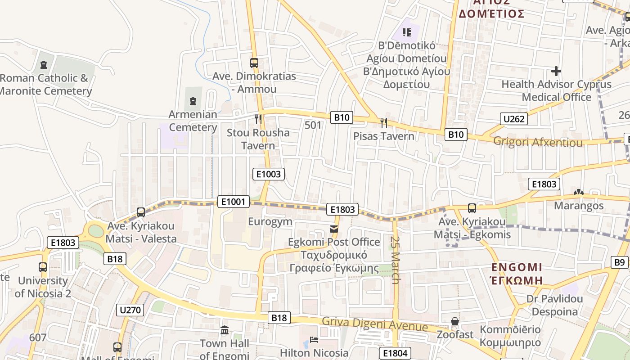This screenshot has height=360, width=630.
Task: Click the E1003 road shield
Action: point(269,174)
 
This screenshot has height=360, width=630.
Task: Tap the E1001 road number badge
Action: point(233,202)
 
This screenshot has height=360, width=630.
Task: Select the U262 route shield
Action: point(513,119)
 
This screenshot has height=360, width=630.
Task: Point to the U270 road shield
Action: point(130,310)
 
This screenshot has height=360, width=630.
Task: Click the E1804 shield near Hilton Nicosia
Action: point(395,353)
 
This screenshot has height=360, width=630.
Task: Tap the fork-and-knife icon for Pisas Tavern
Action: point(384,122)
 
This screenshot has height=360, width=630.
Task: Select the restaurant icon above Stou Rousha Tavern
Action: point(258,119)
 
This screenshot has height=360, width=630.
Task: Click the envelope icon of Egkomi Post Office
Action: point(334,229)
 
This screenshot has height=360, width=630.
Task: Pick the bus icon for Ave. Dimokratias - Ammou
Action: point(254,63)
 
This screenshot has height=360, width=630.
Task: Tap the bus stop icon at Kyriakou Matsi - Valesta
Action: point(141,212)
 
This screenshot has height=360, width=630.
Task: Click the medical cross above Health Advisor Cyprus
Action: point(556,71)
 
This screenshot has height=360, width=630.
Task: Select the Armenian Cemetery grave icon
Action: point(193,101)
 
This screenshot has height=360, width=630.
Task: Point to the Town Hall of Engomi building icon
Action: point(225,331)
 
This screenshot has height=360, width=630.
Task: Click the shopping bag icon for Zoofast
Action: point(455,321)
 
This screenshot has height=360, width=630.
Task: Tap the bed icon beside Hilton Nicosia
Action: point(314,340)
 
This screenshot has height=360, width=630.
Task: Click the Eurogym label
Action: point(270,221)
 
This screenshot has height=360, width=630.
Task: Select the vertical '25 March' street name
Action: point(396,260)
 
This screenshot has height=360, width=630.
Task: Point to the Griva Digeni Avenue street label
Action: point(374,324)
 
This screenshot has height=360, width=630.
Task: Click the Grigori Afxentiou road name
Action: point(538,142)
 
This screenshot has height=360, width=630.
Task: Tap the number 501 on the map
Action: point(313,125)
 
